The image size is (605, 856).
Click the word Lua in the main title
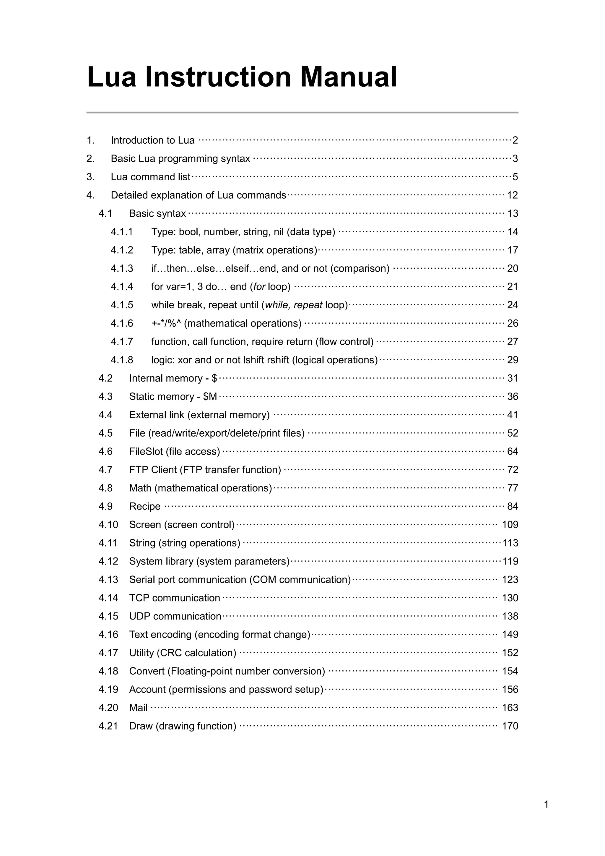click(111, 77)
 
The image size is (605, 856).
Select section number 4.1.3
click(122, 268)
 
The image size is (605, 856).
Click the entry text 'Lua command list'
click(150, 177)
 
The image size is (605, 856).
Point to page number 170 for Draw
click(510, 726)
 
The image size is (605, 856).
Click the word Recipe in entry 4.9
click(144, 506)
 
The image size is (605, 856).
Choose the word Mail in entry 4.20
click(138, 708)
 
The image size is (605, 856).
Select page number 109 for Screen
click(510, 525)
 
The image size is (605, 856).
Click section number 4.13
click(108, 579)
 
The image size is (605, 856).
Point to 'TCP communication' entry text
click(174, 598)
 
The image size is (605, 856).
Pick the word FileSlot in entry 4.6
click(146, 451)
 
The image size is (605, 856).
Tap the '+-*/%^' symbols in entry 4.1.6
click(166, 323)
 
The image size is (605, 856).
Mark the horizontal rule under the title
click(302, 112)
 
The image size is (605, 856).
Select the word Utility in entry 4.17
click(142, 653)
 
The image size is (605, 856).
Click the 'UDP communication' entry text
click(175, 616)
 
